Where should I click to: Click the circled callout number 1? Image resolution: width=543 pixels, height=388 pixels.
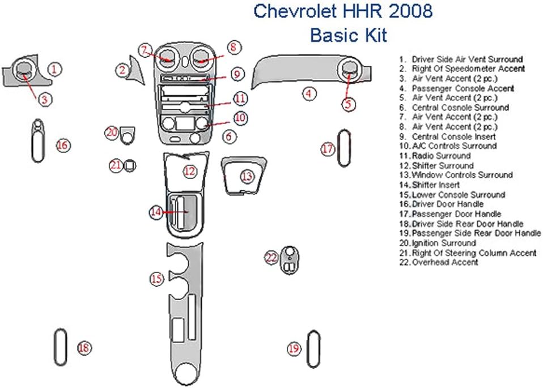[54, 69]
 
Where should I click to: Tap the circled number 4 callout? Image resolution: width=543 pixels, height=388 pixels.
[308, 94]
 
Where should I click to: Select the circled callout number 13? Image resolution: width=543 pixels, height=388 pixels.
[247, 177]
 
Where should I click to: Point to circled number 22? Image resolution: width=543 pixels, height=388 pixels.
[271, 258]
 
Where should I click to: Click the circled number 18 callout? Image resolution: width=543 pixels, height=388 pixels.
[84, 348]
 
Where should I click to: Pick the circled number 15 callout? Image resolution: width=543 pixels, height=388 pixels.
[156, 278]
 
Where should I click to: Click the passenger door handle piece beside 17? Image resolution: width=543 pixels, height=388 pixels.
[343, 148]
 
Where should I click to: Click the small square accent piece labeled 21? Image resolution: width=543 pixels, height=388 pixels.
[130, 165]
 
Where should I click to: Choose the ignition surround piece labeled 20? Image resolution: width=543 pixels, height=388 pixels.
[128, 134]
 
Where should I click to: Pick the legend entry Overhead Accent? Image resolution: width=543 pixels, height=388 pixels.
[445, 262]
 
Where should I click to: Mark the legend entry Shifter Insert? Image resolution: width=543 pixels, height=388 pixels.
[436, 185]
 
